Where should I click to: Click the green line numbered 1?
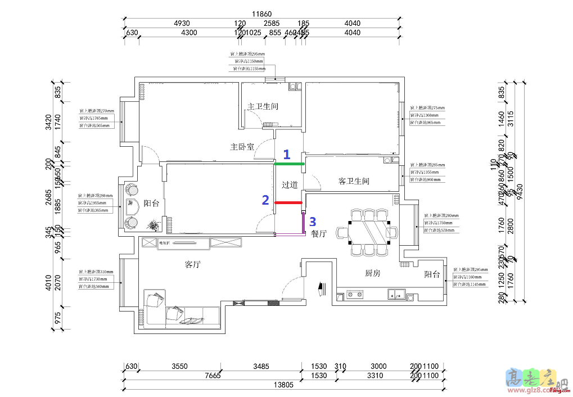289,164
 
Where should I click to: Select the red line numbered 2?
288,202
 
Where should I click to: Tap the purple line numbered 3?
304,223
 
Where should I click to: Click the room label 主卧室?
242,147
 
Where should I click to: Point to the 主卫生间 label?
263,106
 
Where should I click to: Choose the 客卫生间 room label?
354,181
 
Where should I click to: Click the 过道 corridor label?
290,184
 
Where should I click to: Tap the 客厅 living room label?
193,264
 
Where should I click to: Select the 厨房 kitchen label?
373,273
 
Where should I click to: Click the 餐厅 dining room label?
319,234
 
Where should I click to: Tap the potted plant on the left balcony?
154,225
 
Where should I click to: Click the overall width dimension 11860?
262,14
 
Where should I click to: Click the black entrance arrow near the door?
321,288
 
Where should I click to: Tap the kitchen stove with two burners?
356,293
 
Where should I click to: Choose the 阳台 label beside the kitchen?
432,274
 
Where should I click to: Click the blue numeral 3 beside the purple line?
313,222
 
